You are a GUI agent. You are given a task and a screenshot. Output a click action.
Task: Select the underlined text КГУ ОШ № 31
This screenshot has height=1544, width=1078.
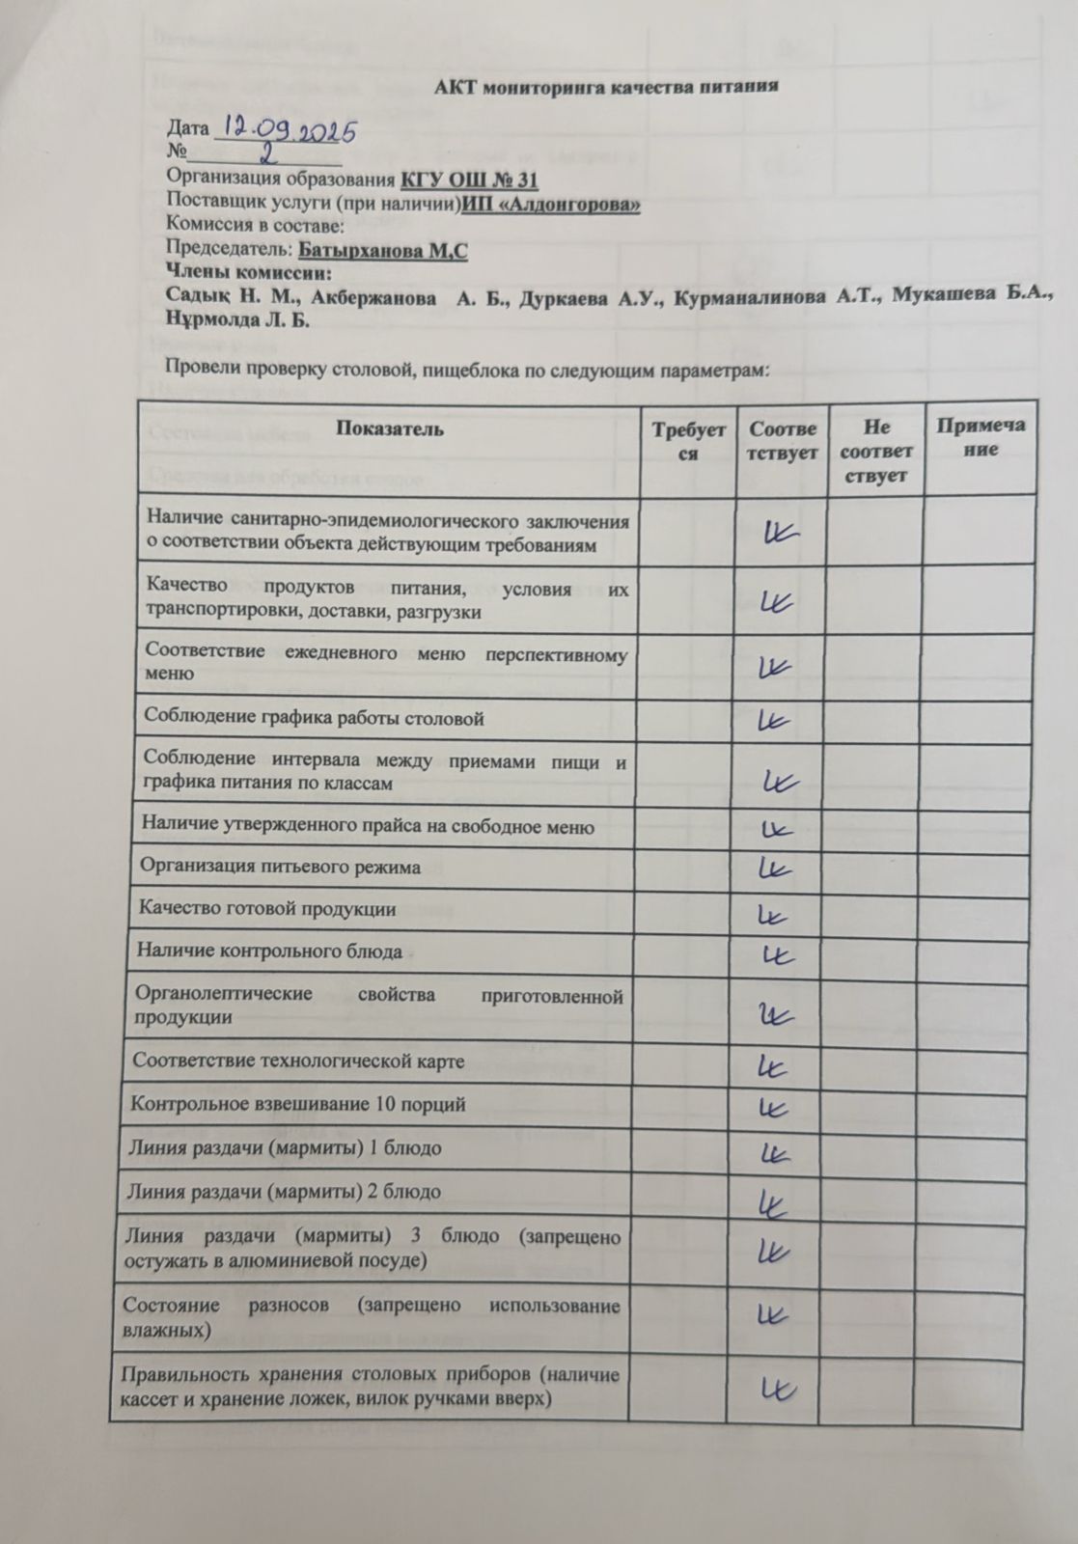(469, 179)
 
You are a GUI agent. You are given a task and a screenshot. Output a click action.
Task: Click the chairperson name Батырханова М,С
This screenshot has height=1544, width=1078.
(383, 251)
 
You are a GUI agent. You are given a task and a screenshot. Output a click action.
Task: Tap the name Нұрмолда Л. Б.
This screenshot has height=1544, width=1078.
(238, 320)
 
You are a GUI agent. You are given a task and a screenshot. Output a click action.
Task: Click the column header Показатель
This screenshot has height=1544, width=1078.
(390, 428)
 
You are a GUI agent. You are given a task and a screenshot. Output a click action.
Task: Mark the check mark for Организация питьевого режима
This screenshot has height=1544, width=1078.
(776, 868)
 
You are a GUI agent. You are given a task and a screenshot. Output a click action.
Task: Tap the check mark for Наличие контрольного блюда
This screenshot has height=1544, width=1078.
(778, 954)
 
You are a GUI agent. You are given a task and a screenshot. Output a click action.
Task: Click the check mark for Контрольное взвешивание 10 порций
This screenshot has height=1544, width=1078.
(776, 1107)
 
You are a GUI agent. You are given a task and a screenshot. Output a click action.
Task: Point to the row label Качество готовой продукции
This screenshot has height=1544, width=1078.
(267, 909)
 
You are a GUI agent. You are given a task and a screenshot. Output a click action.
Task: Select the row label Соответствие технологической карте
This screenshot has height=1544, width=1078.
(299, 1061)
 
